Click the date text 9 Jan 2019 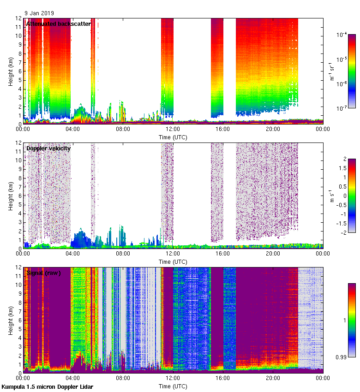39,13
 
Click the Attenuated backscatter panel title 58,24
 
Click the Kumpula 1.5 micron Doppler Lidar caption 47,387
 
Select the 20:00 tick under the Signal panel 273,378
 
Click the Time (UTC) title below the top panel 173,137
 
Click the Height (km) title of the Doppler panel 11,196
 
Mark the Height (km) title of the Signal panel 11,320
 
